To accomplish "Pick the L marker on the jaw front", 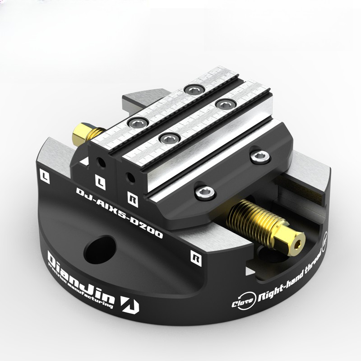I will (100, 181).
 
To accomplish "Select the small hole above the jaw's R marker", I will (131, 176).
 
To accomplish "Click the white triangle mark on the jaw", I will (84, 161).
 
